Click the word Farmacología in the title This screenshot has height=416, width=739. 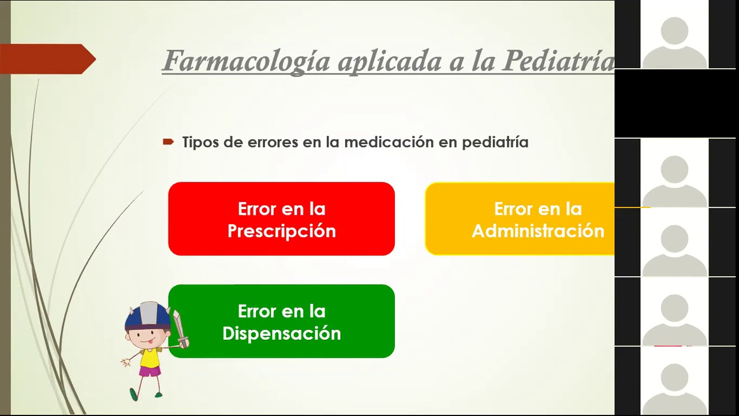(x=246, y=61)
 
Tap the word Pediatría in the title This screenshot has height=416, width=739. (x=558, y=61)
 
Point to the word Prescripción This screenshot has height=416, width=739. (x=282, y=231)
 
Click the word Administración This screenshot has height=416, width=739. (x=538, y=231)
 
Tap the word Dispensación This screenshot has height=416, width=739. (x=282, y=333)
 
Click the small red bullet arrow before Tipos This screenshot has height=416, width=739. (x=168, y=142)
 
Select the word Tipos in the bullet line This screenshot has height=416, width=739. (x=200, y=142)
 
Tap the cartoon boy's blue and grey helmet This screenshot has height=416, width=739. (x=148, y=314)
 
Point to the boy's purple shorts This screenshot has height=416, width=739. (x=150, y=371)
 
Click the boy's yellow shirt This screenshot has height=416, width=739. (x=150, y=357)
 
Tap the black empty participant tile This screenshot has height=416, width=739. (x=674, y=104)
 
